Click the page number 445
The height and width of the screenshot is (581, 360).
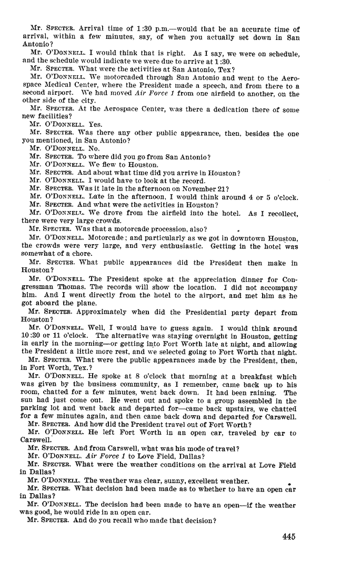[288, 537]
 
